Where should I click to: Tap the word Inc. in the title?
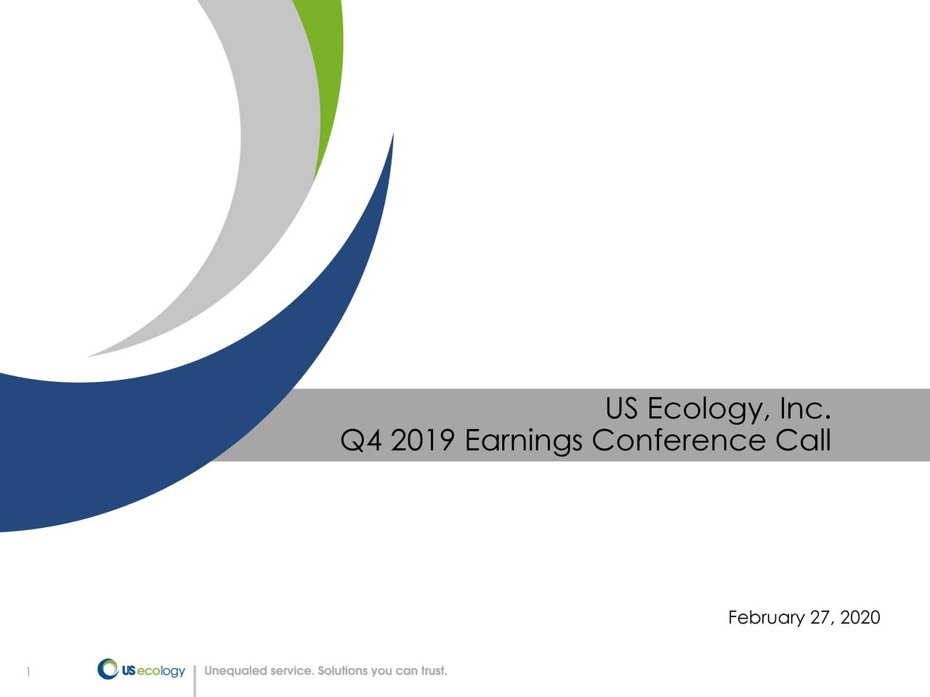pos(804,410)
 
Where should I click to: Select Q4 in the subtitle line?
pos(361,441)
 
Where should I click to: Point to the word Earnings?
pos(523,441)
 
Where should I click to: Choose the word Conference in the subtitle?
pos(679,441)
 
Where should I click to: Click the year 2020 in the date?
pos(860,618)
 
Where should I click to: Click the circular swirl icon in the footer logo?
pos(108,669)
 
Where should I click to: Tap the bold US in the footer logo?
pos(128,672)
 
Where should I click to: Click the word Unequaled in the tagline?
pos(235,671)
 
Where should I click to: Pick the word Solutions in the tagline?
pos(342,671)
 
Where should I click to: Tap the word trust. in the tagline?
pos(434,671)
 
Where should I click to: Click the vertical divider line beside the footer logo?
pos(195,680)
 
